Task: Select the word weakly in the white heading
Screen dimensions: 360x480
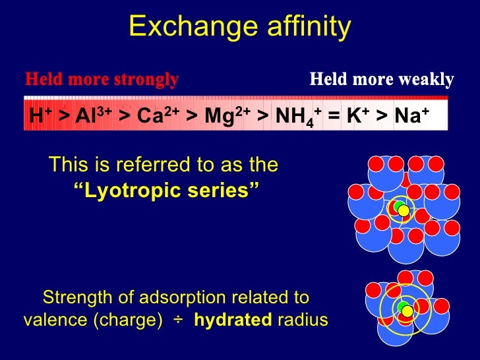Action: coord(425,80)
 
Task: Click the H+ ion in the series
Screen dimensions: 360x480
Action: coord(40,115)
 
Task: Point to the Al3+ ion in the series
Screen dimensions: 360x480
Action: coord(92,115)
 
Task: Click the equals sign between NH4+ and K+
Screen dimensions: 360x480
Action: coord(334,116)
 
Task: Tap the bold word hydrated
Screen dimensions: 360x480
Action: coord(231,320)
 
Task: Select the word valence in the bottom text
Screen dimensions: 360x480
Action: coord(53,320)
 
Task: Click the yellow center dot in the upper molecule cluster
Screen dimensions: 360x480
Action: coord(404,210)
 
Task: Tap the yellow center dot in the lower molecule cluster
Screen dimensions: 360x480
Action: coord(407,311)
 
